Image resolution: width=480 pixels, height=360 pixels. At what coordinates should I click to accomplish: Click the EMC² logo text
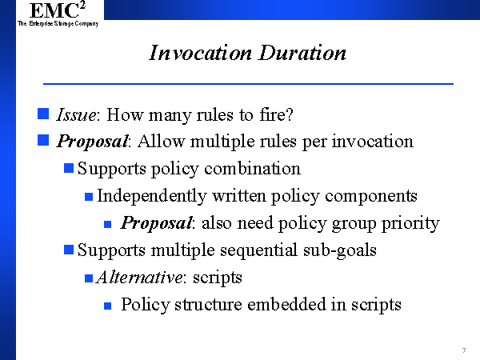pos(58,10)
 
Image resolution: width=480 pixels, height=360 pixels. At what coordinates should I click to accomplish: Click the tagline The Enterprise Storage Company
pos(58,23)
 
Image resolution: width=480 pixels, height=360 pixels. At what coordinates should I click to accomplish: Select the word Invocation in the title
pos(201,53)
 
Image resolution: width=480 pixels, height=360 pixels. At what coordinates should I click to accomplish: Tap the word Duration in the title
pos(302,53)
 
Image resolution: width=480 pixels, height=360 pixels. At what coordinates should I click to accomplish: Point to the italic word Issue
pos(77,114)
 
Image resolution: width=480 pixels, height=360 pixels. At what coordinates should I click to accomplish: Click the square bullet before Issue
pos(43,114)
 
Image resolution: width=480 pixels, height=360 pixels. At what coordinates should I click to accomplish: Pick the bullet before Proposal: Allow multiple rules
pos(43,140)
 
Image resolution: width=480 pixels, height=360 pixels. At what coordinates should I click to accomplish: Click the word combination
pos(252,168)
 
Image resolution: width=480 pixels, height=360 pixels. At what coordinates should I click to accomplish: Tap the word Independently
pos(152,196)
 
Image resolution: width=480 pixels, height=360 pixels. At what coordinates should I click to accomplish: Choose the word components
pos(371,196)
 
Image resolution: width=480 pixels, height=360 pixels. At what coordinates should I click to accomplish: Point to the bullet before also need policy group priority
pos(107,224)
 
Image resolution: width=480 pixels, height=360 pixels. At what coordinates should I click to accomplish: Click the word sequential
pos(258,250)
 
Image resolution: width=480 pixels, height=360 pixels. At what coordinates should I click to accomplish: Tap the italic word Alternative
pos(139,278)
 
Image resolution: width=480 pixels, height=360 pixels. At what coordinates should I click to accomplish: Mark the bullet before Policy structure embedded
pos(107,306)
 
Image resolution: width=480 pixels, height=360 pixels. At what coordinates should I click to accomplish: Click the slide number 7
pos(464,350)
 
